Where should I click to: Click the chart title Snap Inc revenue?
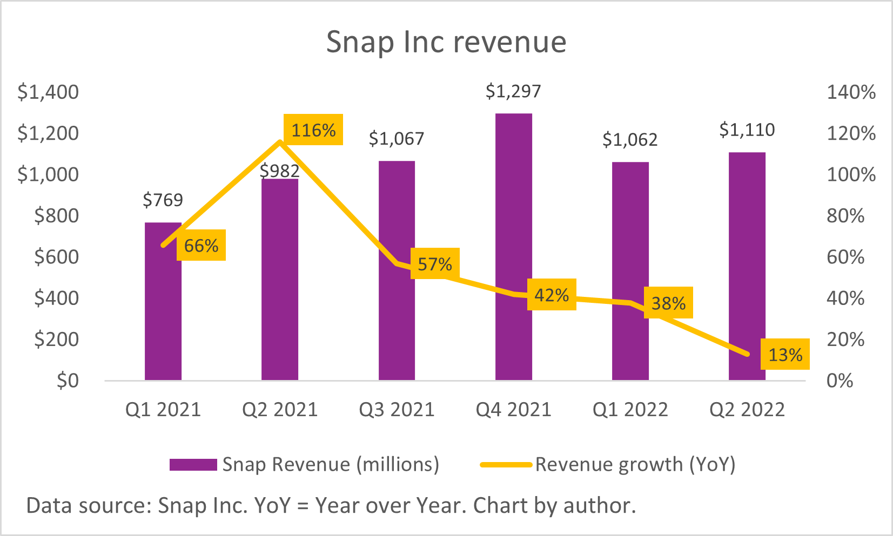pos(446,42)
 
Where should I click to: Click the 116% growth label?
pos(313,130)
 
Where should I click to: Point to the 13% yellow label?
pos(785,355)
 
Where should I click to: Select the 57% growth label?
pos(435,264)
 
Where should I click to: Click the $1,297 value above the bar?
pos(513,91)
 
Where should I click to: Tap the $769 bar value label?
pos(163,200)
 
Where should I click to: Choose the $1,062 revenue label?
pos(630,140)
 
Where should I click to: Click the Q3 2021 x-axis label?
pos(397,410)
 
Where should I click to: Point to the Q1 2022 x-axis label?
pos(630,410)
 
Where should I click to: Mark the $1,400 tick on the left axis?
pos(48,92)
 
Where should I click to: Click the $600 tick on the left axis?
pos(56,257)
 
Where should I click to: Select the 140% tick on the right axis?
pos(851,92)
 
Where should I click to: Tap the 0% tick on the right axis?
pos(840,381)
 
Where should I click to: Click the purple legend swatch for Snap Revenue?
pos(193,465)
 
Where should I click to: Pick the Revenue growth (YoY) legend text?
pos(635,465)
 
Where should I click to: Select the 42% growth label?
pos(552,295)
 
